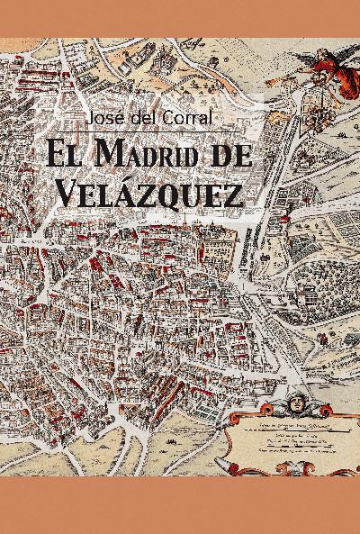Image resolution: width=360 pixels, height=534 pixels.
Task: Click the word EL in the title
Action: click(x=65, y=153)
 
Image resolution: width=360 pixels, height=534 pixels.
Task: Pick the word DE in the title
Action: click(x=229, y=153)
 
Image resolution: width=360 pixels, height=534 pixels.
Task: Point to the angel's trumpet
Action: click(x=286, y=78)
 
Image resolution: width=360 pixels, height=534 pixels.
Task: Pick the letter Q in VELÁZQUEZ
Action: click(x=176, y=192)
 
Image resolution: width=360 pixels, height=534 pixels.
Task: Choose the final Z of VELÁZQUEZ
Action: click(x=231, y=191)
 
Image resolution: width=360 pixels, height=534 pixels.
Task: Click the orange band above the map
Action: click(x=180, y=18)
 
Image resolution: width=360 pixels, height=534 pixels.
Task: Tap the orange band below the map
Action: click(x=180, y=505)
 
